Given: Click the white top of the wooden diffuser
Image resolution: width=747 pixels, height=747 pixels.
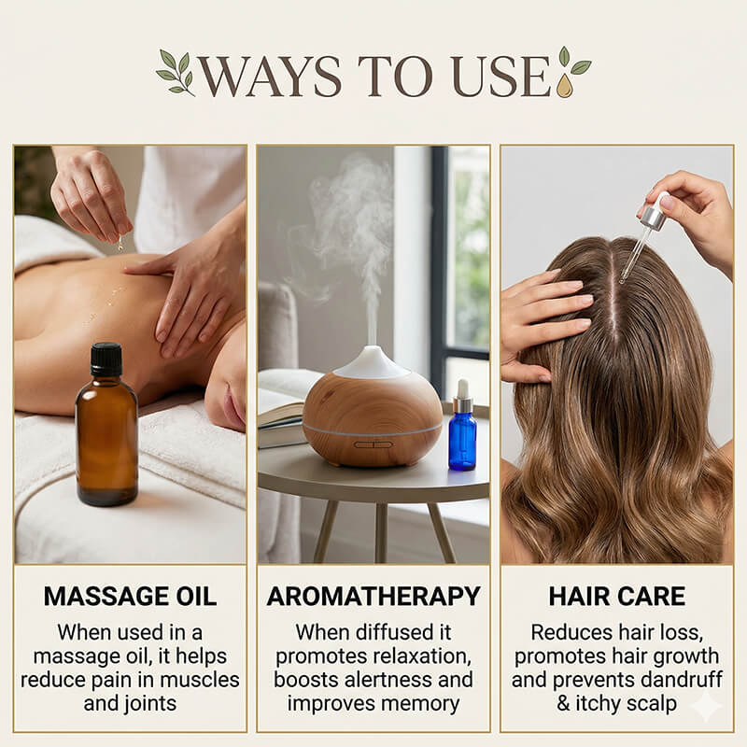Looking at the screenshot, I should point(373,362).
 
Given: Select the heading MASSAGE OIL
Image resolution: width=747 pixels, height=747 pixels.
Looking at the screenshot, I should point(130,596).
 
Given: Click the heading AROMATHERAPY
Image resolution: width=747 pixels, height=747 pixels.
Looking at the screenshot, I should point(373,596).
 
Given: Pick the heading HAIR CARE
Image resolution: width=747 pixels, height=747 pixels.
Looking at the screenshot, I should point(616,596).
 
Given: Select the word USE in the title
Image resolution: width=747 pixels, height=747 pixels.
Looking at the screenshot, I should point(499,78).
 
